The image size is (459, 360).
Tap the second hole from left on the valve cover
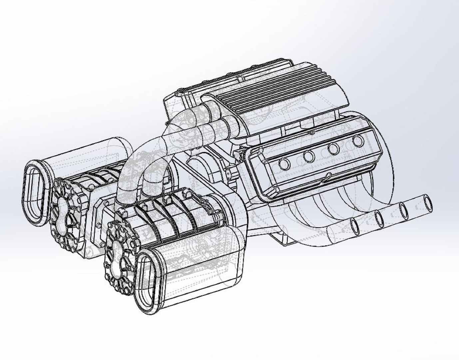(x=309, y=156)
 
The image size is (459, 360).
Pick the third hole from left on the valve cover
(x=333, y=149)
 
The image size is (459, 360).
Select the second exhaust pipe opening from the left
(x=379, y=218)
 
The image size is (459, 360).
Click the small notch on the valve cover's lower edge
(x=328, y=175)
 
